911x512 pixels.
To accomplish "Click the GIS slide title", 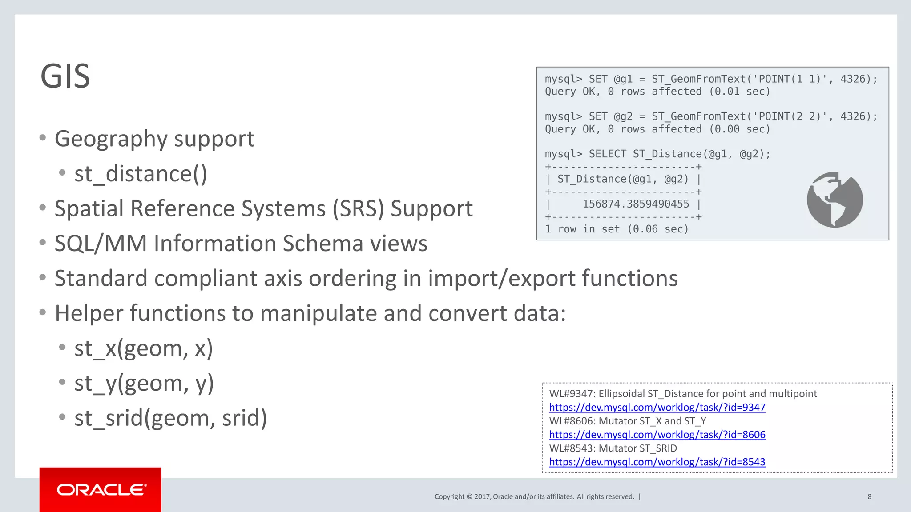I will (65, 76).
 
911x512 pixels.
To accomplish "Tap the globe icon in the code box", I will (834, 200).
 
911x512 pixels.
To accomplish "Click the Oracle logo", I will (101, 490).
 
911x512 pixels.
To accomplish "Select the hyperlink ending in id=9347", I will (657, 408).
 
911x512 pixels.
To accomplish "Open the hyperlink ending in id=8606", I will (657, 435).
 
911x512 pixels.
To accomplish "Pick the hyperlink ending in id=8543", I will (657, 462).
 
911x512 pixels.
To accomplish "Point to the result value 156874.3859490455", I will (636, 204).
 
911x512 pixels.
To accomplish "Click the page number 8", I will (869, 496).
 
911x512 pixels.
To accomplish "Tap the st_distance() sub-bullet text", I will (141, 174).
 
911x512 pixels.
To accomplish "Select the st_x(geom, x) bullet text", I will (143, 348).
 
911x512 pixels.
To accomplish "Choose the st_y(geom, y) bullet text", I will (144, 383).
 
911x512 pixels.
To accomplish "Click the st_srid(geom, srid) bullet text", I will (170, 418).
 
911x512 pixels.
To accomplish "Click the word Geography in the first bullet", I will (111, 139).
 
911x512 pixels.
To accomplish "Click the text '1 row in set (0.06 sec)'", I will (617, 229).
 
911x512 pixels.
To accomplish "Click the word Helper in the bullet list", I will (89, 313).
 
